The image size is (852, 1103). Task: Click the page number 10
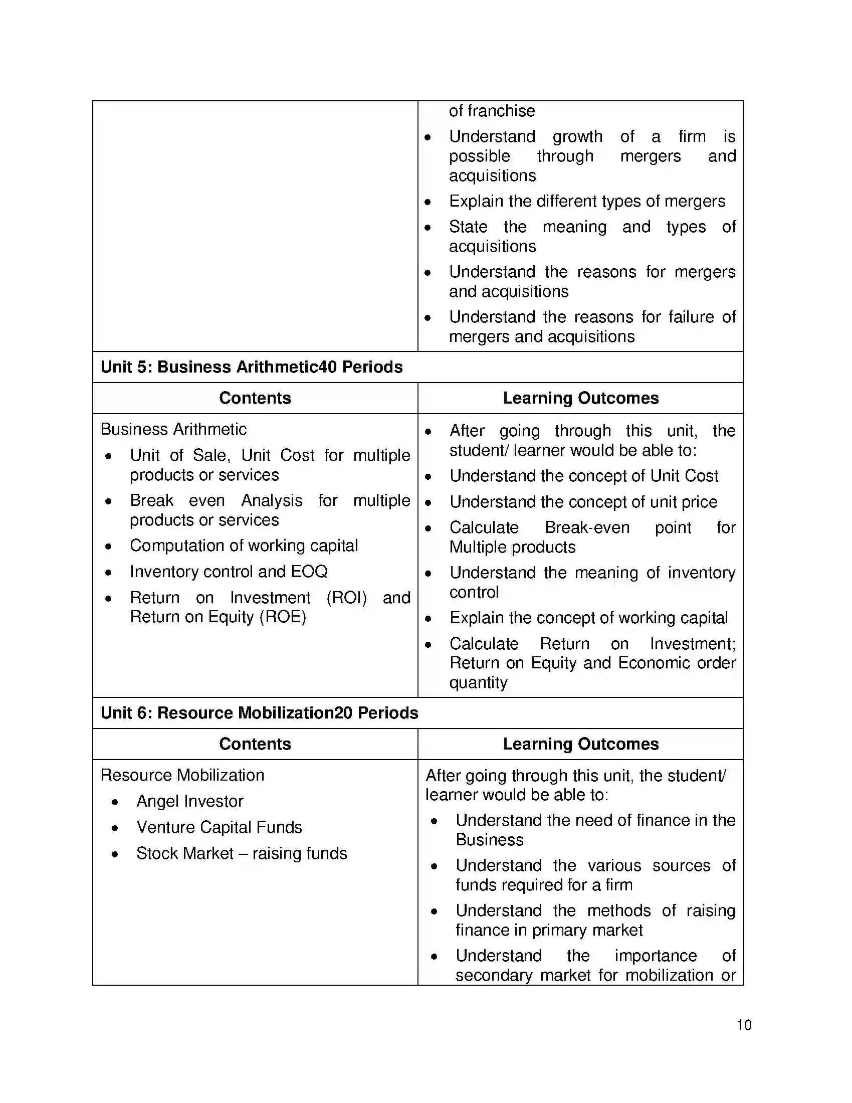[744, 1025]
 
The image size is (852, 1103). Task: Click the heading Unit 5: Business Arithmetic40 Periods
[252, 367]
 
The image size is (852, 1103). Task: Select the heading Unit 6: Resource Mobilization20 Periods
[259, 712]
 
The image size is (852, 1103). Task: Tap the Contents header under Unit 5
[255, 398]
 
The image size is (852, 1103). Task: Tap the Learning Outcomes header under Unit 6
[580, 744]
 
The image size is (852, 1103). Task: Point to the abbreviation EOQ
[309, 571]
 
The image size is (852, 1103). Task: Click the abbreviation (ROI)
[346, 598]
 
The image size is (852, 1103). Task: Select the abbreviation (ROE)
[283, 617]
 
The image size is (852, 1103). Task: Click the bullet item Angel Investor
[190, 801]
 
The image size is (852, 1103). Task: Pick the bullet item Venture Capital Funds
[219, 827]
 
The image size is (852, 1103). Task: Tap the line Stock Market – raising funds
[241, 853]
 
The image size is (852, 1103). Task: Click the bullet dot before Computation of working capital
[109, 546]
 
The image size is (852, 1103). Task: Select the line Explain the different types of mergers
[587, 201]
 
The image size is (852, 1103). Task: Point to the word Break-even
[587, 527]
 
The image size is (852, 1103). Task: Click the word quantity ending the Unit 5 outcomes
[478, 682]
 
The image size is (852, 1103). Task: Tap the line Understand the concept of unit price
[583, 502]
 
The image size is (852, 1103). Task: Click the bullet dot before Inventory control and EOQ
[109, 573]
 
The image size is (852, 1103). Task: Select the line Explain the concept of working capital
[588, 618]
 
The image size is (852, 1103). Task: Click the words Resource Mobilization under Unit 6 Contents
[182, 775]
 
